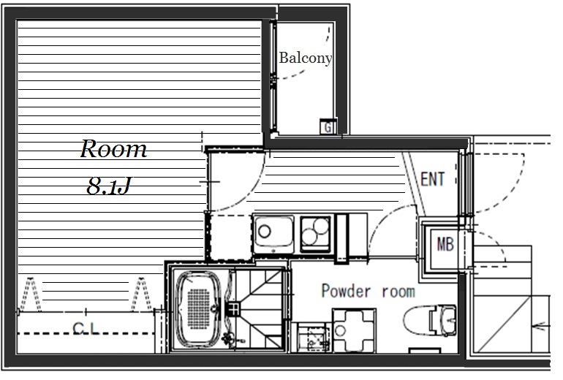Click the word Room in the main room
(x=113, y=148)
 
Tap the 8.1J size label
(x=108, y=186)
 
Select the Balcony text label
(x=305, y=58)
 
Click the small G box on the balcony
(x=328, y=126)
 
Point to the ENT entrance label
(x=432, y=179)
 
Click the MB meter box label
(x=445, y=245)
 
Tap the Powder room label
(x=368, y=291)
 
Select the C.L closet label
(x=86, y=327)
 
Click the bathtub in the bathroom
(x=198, y=309)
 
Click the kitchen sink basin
(x=273, y=233)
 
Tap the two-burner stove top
(x=316, y=233)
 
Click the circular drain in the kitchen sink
(x=265, y=232)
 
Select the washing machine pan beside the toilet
(x=354, y=330)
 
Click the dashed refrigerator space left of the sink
(x=230, y=237)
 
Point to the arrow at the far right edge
(x=542, y=327)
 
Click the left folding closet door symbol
(x=31, y=294)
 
